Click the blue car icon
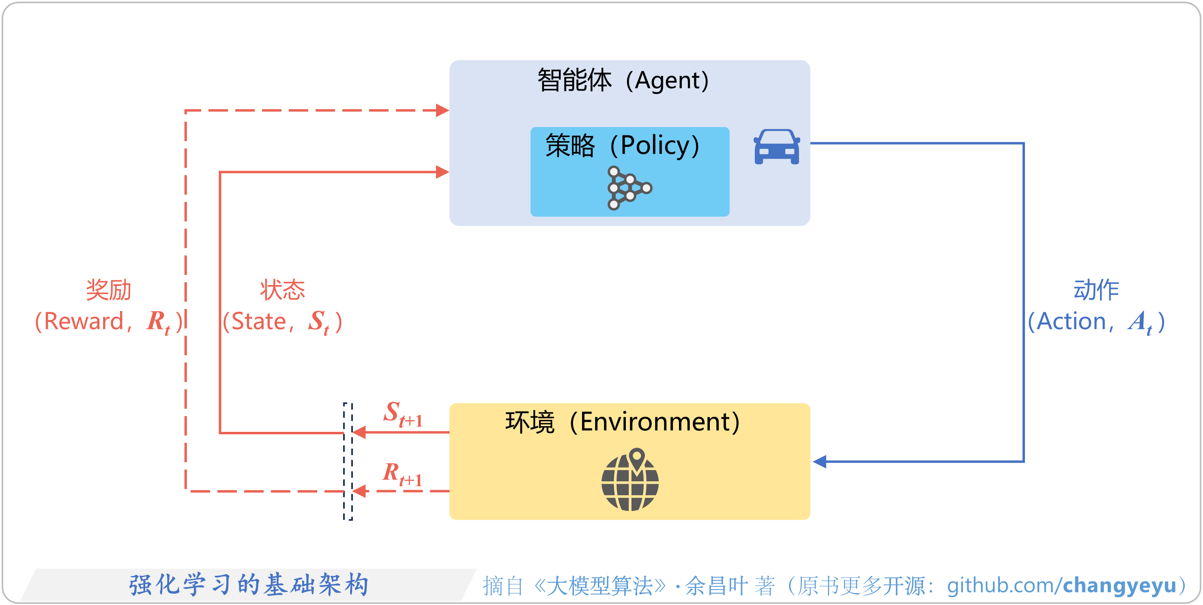pos(777,147)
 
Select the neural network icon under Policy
pos(628,188)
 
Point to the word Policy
pos(654,146)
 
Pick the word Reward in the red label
pos(84,322)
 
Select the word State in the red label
pos(259,322)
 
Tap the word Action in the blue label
pos(1071,322)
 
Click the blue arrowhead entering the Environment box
pos(820,462)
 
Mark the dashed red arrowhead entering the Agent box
pos(442,111)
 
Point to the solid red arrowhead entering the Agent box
pos(442,172)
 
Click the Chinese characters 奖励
pos(108,290)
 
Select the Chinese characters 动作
pos(1096,290)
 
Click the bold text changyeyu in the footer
pos(1119,585)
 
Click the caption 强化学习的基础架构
pos(249,584)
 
